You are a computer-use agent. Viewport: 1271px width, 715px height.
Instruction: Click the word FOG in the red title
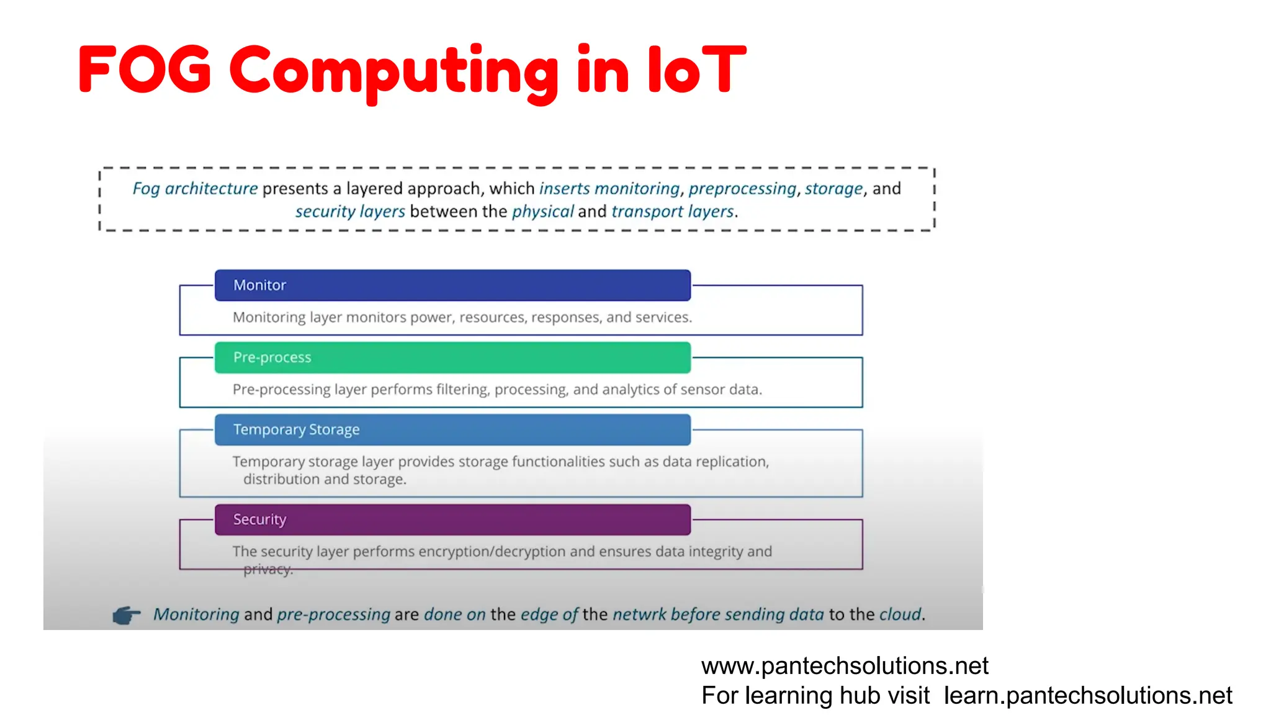click(x=145, y=70)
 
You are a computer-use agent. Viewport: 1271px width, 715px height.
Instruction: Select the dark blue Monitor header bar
click(x=452, y=286)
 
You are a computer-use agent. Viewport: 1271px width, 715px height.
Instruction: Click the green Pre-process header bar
click(x=452, y=357)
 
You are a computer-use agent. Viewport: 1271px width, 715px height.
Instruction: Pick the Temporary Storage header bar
click(x=452, y=429)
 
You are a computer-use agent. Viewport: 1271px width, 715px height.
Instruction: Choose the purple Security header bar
click(x=452, y=519)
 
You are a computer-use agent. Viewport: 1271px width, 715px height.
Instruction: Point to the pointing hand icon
click(x=127, y=615)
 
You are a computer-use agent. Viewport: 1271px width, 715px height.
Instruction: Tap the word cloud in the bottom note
click(x=900, y=614)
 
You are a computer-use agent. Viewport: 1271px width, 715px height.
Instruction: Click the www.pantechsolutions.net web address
click(x=845, y=666)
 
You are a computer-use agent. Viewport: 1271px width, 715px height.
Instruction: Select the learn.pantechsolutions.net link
click(x=1088, y=696)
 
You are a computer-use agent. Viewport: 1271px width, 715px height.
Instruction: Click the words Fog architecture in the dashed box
click(x=195, y=189)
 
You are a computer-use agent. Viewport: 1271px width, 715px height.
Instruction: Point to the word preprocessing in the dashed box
click(x=742, y=189)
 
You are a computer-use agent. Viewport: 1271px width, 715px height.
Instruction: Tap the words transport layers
click(x=673, y=212)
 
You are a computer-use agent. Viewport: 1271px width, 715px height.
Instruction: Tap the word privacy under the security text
click(x=267, y=569)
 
